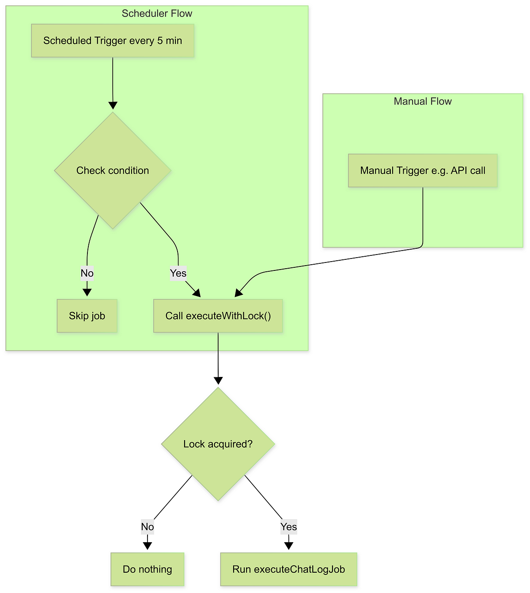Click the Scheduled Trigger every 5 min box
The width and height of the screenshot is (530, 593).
(113, 41)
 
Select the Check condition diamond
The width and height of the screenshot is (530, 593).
(113, 171)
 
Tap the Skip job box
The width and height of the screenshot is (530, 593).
(87, 316)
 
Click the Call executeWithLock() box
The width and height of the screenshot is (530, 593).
(218, 316)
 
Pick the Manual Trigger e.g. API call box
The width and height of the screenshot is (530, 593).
(423, 171)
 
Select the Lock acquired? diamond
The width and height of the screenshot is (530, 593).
(218, 444)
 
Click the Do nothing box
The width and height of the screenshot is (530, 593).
(148, 569)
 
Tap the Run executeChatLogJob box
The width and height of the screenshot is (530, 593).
(288, 569)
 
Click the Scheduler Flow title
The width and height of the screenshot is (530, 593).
(157, 13)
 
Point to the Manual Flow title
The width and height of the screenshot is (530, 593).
(423, 101)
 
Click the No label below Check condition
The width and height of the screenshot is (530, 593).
(87, 273)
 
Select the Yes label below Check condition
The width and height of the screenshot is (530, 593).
(178, 273)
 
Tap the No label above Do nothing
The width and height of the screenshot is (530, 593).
(148, 527)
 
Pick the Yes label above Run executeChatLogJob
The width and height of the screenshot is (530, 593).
(288, 527)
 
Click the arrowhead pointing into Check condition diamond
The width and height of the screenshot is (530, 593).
(113, 106)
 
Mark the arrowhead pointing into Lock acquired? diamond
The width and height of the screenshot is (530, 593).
(218, 381)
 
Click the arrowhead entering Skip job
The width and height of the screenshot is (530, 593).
(87, 293)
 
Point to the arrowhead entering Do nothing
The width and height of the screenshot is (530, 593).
(148, 546)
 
